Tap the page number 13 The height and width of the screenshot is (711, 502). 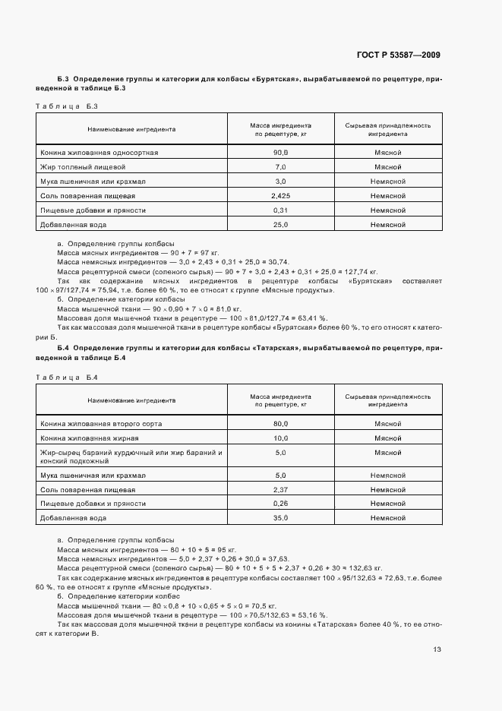(437, 649)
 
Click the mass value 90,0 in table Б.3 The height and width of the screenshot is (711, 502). (280, 152)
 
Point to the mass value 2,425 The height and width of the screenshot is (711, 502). (280, 195)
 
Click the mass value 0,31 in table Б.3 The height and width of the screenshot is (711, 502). (280, 210)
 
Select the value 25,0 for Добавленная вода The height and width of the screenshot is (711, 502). (280, 224)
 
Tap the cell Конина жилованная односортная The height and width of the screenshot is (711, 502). (99, 152)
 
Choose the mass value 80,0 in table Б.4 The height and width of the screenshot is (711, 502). (280, 423)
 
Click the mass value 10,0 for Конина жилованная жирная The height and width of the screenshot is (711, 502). (280, 438)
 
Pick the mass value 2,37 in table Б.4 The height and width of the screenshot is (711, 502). (280, 489)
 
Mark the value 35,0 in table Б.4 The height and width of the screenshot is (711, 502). (280, 518)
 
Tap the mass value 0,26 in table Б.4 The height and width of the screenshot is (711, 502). (280, 504)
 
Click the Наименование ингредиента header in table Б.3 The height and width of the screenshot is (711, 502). (131, 128)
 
